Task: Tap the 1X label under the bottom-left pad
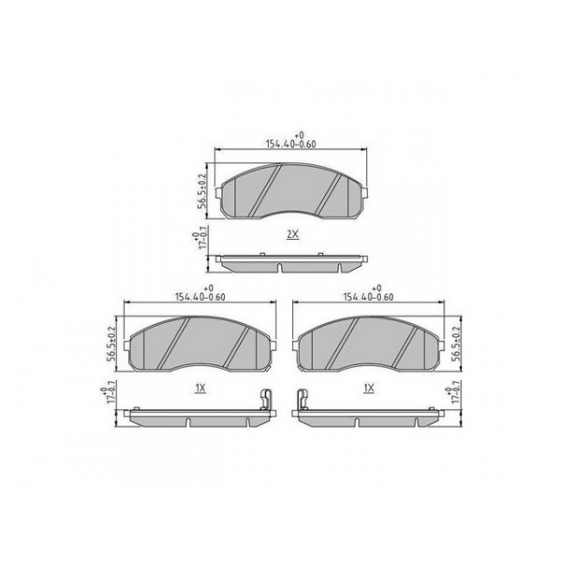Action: tap(200, 387)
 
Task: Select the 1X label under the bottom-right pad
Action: tap(368, 387)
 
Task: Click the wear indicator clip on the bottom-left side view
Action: tap(266, 401)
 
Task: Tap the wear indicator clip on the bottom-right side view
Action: tap(302, 401)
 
